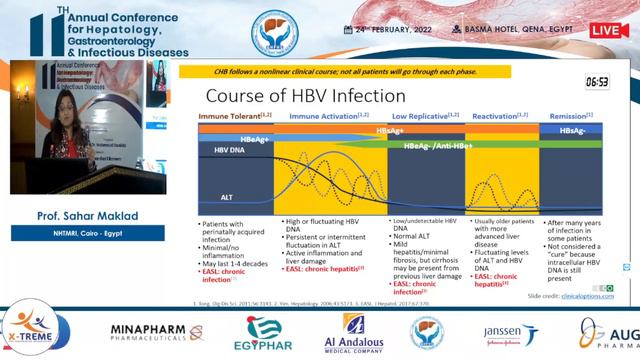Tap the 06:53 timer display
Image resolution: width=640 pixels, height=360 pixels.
(x=597, y=82)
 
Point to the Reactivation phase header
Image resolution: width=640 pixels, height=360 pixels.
(x=500, y=117)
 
